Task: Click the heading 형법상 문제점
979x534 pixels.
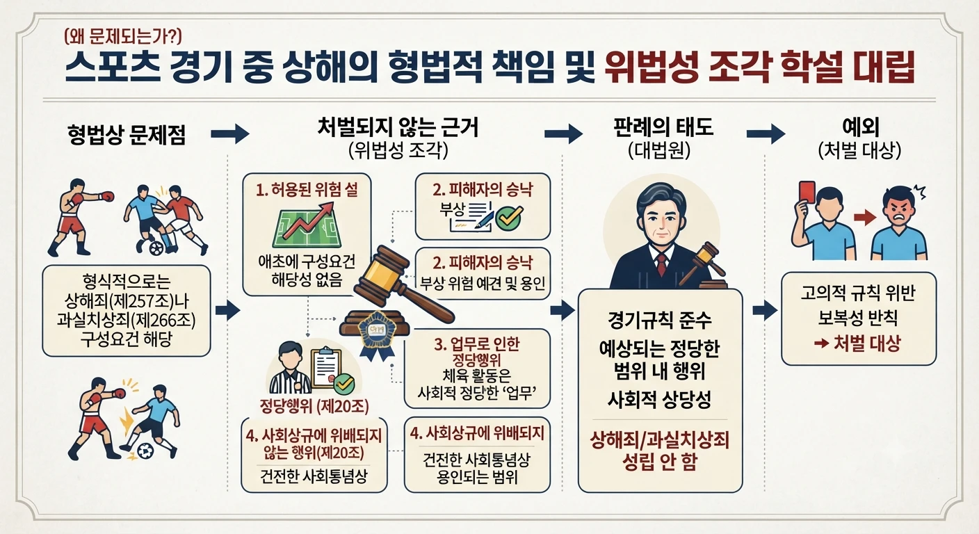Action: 127,134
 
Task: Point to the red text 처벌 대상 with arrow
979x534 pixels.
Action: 857,343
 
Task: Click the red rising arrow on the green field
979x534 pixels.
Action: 308,221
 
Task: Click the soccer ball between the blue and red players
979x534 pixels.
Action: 156,249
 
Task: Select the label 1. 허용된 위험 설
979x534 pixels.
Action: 307,190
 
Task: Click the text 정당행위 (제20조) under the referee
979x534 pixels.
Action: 314,406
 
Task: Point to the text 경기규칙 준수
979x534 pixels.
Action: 660,321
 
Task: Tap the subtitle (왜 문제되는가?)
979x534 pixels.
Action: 122,37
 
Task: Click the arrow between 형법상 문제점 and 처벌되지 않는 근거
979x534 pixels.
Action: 230,133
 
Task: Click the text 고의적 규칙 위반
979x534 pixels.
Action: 857,293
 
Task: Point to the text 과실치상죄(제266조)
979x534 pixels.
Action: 127,321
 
